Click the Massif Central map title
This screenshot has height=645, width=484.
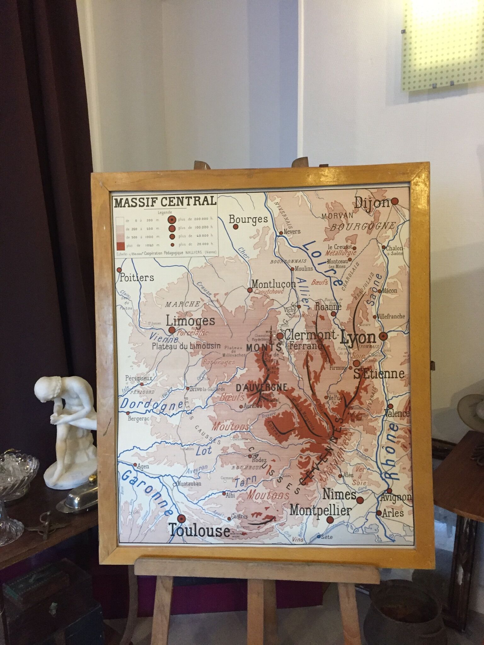click(165, 201)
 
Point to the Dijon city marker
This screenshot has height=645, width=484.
click(395, 202)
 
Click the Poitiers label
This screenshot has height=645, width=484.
click(137, 277)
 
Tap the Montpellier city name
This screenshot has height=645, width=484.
click(320, 605)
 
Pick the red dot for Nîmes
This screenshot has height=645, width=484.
click(360, 595)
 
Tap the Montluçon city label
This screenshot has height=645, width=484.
click(274, 283)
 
